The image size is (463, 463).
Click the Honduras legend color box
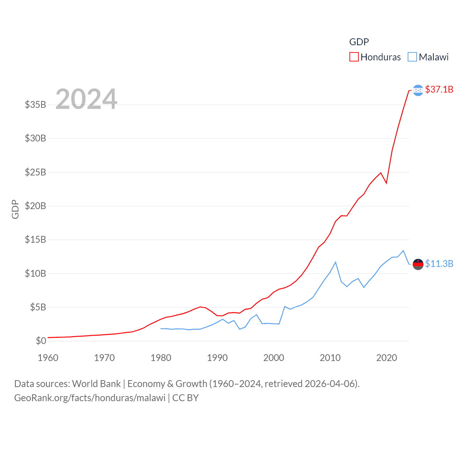tap(354, 57)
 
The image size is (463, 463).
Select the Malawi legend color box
tap(412, 57)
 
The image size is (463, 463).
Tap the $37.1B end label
tap(439, 89)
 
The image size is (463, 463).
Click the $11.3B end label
tap(439, 264)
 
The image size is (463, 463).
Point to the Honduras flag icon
tap(418, 90)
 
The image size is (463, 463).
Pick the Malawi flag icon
tap(418, 264)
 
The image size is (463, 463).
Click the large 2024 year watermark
tap(86, 99)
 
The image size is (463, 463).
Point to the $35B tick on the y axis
tap(35, 105)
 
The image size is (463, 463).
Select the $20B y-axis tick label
tap(35, 206)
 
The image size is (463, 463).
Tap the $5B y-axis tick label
tap(38, 307)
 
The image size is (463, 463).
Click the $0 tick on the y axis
tap(41, 341)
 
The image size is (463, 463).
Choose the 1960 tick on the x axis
tap(48, 358)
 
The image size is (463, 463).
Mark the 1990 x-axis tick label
tap(217, 358)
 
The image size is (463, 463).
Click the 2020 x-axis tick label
tap(387, 358)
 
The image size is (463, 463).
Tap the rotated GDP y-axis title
tap(15, 209)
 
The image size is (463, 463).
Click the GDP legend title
tap(359, 42)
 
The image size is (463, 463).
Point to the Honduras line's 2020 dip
tap(386, 183)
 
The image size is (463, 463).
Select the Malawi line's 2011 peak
tap(336, 262)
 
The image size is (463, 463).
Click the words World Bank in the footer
tap(97, 384)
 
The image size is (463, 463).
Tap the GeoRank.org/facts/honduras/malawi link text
tap(90, 398)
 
